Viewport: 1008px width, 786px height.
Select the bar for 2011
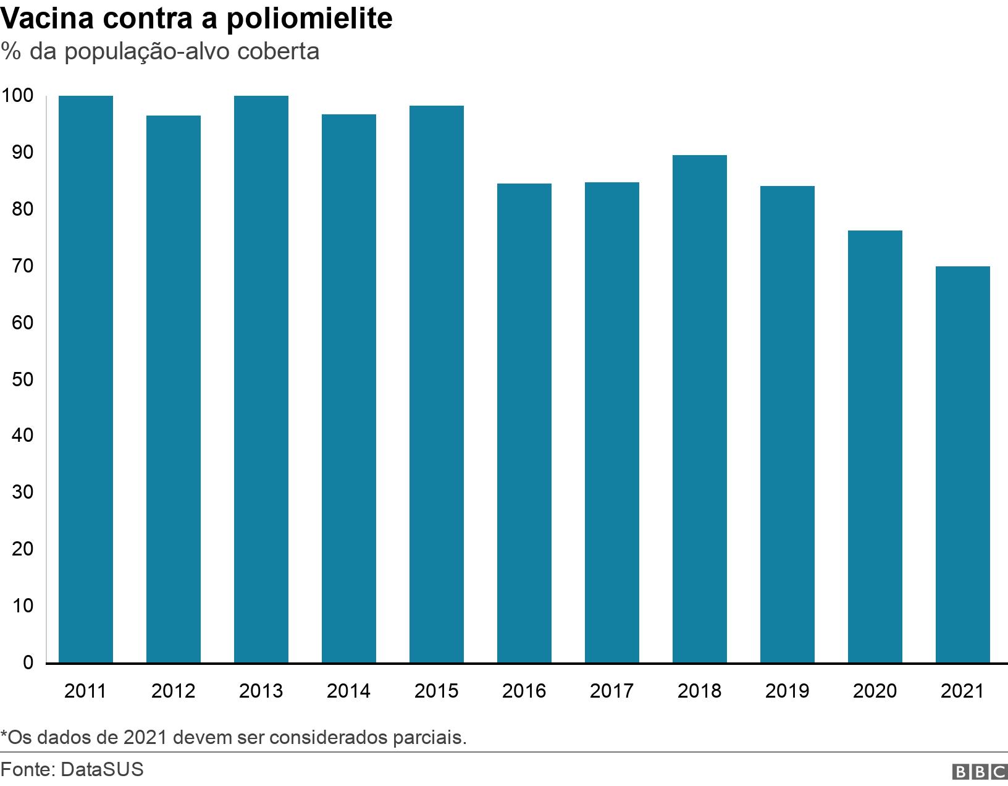click(86, 379)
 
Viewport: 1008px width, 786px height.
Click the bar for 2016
click(524, 423)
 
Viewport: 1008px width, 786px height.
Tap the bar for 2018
click(700, 409)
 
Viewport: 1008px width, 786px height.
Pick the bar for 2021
click(963, 465)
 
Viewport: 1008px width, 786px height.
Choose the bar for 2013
click(261, 379)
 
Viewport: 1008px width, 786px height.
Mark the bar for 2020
click(875, 447)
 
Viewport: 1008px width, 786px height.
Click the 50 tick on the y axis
click(22, 379)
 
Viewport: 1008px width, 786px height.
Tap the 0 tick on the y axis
click(28, 663)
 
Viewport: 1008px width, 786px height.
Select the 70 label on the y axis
click(22, 266)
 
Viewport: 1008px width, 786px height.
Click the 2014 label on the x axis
click(348, 691)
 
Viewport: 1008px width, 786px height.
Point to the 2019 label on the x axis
click(787, 691)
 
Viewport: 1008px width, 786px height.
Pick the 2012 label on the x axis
click(173, 691)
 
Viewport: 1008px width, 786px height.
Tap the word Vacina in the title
click(47, 19)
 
